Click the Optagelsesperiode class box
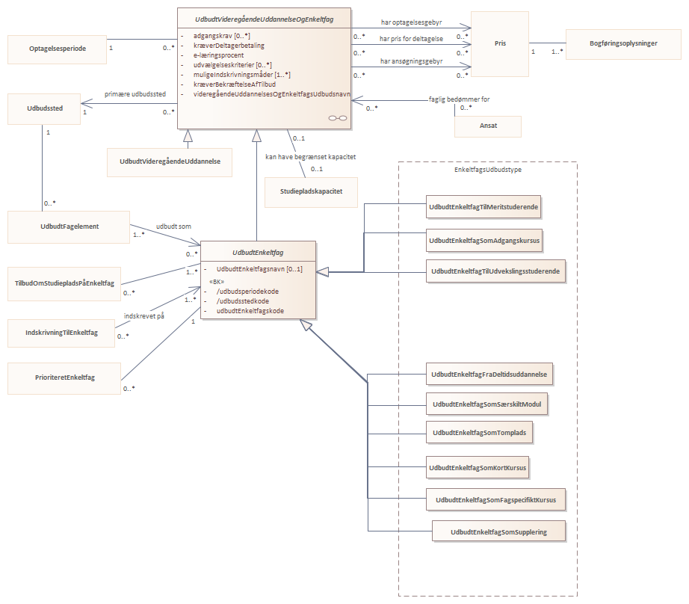click(x=57, y=49)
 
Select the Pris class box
click(x=500, y=43)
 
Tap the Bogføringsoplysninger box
click(x=623, y=44)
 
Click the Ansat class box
click(x=488, y=126)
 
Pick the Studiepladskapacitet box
click(x=311, y=191)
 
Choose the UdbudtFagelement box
click(x=69, y=226)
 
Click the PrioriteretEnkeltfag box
click(x=64, y=378)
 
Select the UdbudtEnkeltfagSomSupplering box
click(x=498, y=531)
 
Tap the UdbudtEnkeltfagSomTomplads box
click(x=480, y=433)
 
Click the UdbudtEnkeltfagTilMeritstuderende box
click(x=483, y=206)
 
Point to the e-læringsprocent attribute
click(x=218, y=55)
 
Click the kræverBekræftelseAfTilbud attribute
click(x=235, y=84)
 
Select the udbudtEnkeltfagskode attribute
click(x=250, y=311)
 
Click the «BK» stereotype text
click(x=217, y=282)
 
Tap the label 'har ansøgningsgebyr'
click(x=411, y=61)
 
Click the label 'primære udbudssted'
click(x=135, y=94)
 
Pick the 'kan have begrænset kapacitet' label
click(x=310, y=157)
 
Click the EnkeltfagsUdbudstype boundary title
click(x=488, y=170)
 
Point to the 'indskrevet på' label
click(x=143, y=316)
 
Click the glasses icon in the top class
click(x=338, y=118)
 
